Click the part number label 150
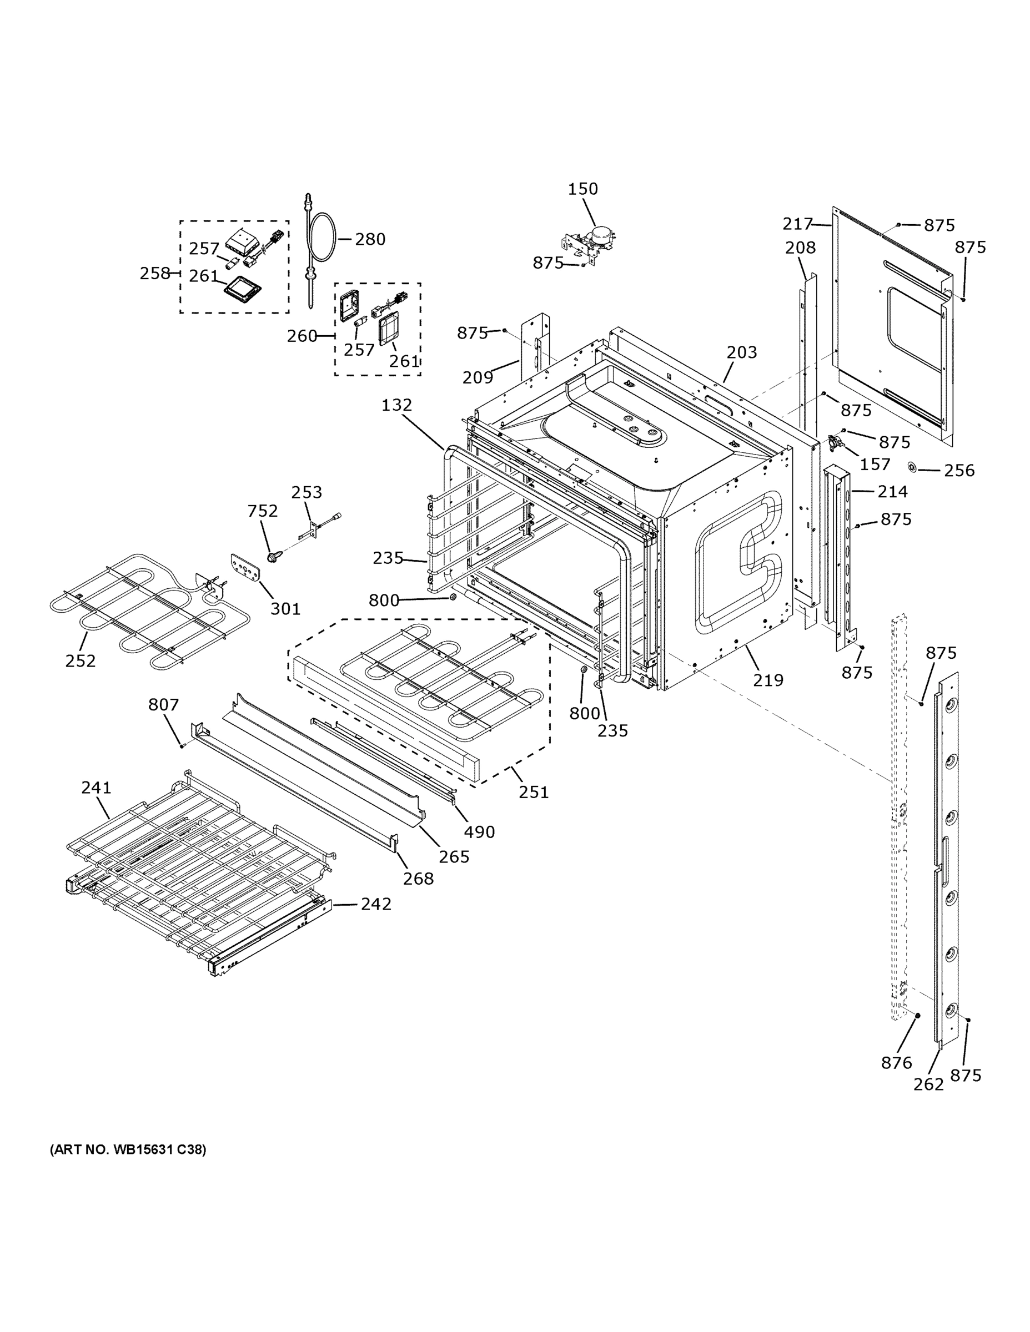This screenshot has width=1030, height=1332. point(582,189)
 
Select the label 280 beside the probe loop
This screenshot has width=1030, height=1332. point(370,239)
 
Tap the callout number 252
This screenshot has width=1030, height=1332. point(81,661)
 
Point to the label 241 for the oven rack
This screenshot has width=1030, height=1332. point(97,788)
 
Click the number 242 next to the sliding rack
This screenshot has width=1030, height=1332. point(375,904)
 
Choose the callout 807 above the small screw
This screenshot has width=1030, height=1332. point(164,705)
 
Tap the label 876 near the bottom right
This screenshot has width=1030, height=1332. point(896,1063)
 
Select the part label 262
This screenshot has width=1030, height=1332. point(928,1084)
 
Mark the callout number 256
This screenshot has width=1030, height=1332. point(959,470)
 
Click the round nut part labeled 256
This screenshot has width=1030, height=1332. point(912,467)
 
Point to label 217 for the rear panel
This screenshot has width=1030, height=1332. point(797,224)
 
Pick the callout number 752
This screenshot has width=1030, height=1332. point(263,511)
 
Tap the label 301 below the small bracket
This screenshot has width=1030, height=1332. point(285,608)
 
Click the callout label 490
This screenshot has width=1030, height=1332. point(479,832)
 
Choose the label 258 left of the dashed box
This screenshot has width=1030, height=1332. point(155,273)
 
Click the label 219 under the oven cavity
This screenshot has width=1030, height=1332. point(767,680)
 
